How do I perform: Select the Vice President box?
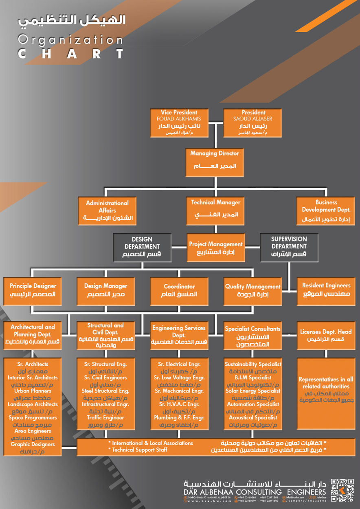point(179,123)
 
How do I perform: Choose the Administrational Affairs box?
point(107,211)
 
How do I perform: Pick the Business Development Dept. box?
point(326,211)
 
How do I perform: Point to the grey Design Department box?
point(142,247)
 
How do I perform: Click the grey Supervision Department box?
point(289,247)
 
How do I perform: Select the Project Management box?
point(215,247)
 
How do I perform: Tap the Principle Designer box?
point(33,290)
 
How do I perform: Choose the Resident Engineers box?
point(326,290)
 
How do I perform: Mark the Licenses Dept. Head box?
point(326,336)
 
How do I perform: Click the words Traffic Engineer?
point(105,417)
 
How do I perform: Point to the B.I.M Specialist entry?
point(253,377)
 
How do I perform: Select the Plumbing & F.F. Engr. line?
point(179,417)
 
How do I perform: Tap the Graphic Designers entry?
point(33,444)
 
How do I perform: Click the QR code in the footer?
point(342,490)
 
